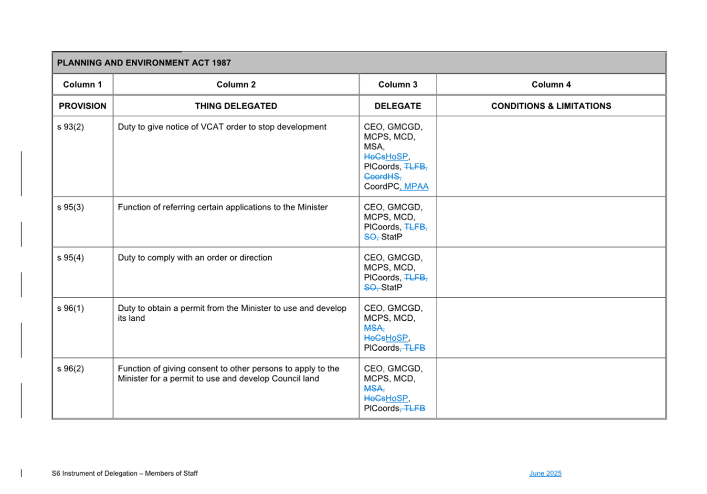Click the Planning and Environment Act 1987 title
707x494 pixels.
point(144,63)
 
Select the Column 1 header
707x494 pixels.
point(82,85)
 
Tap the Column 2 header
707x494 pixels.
point(236,85)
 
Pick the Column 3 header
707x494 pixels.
point(398,85)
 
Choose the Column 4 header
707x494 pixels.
point(551,85)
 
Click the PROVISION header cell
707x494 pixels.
point(82,106)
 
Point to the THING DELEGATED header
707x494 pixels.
point(236,106)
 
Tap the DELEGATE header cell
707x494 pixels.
point(398,106)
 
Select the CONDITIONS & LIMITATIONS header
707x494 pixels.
point(551,106)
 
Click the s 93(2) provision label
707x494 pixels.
point(70,127)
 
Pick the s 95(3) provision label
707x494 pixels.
point(70,207)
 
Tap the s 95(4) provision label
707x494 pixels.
point(70,258)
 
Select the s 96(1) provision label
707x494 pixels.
point(70,308)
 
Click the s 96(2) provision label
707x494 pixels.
point(70,369)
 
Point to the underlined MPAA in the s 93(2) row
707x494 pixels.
point(417,186)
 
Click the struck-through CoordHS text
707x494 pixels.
point(382,176)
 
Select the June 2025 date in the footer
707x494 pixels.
point(545,474)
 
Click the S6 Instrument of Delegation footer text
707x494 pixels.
point(124,474)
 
